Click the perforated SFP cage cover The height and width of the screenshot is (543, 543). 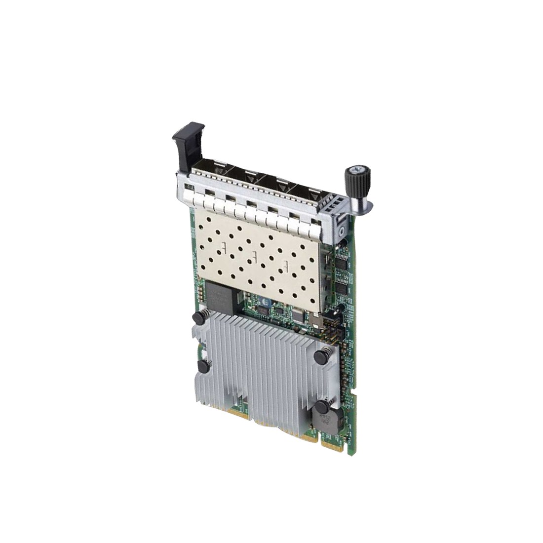pyautogui.click(x=257, y=252)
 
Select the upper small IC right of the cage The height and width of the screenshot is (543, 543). pyautogui.click(x=342, y=264)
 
